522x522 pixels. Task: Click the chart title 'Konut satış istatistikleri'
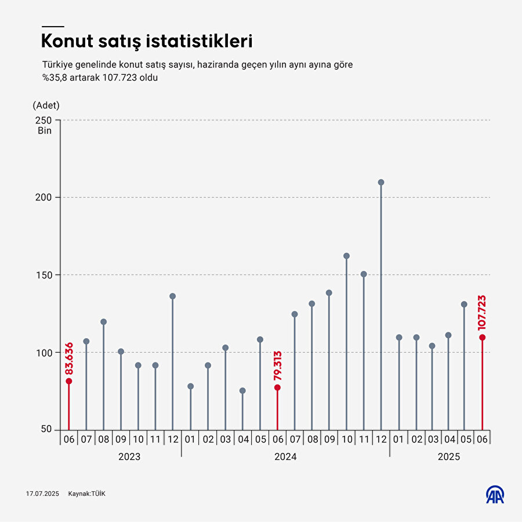pyautogui.click(x=146, y=42)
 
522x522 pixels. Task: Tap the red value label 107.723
pyautogui.click(x=481, y=313)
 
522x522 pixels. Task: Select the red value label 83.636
pyautogui.click(x=69, y=358)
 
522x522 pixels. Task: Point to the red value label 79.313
pyautogui.click(x=277, y=366)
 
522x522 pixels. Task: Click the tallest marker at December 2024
pyautogui.click(x=381, y=182)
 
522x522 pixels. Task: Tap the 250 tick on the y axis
pyautogui.click(x=43, y=120)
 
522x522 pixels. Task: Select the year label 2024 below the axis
pyautogui.click(x=285, y=457)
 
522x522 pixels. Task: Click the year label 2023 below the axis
pyautogui.click(x=129, y=457)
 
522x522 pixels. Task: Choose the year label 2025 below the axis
pyautogui.click(x=448, y=457)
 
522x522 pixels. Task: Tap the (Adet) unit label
pyautogui.click(x=46, y=105)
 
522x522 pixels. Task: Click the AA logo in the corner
pyautogui.click(x=495, y=494)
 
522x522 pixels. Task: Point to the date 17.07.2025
pyautogui.click(x=43, y=494)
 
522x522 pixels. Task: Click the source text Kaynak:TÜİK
pyautogui.click(x=87, y=494)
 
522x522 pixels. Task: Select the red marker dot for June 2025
pyautogui.click(x=481, y=338)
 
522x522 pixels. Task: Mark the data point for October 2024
pyautogui.click(x=346, y=256)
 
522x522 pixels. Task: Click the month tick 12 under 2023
pyautogui.click(x=173, y=440)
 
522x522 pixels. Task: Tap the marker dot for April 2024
pyautogui.click(x=242, y=391)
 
